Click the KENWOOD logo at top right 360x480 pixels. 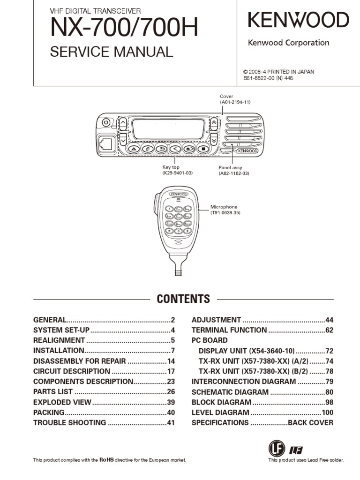click(298, 21)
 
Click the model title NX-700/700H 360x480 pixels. click(124, 29)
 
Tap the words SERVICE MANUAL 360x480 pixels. click(112, 52)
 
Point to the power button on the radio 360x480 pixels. click(106, 122)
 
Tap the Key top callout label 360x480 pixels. click(171, 167)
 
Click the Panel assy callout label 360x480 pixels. click(230, 167)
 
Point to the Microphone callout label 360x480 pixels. click(224, 207)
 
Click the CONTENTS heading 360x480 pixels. click(183, 299)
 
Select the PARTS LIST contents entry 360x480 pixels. click(53, 392)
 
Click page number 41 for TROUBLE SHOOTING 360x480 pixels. click(170, 423)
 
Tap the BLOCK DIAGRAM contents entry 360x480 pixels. click(221, 402)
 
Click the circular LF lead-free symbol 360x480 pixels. click(276, 449)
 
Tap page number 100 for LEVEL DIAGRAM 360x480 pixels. click(327, 412)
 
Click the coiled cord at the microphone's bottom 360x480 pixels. click(178, 270)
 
